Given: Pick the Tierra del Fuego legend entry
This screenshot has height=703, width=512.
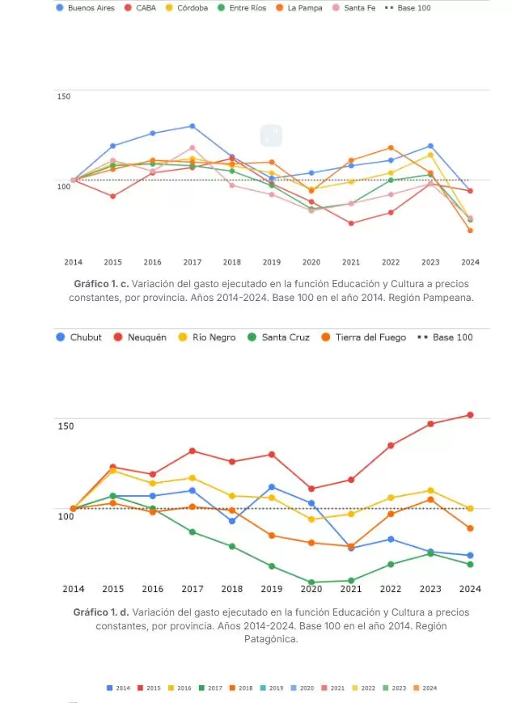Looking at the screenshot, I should click(x=362, y=337).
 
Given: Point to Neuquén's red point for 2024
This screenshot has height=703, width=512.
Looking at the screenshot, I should click(x=470, y=415).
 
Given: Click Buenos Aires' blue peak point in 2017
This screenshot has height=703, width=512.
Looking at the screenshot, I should click(x=192, y=126).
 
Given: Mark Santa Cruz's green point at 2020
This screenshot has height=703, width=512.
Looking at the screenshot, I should click(x=311, y=582).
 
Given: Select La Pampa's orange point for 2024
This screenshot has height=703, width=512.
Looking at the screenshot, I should click(x=470, y=231).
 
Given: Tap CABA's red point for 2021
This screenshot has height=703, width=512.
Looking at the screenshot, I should click(x=351, y=223).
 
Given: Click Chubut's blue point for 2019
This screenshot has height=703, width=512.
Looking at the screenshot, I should click(x=272, y=487).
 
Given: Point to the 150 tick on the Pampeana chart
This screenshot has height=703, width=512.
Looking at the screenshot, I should click(x=64, y=96).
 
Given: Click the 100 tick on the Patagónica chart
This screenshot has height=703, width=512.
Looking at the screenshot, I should click(x=66, y=516).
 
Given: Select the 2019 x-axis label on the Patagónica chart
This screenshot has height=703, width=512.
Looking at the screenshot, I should click(x=272, y=589).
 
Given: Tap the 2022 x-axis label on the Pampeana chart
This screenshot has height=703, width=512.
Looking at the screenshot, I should click(x=391, y=262).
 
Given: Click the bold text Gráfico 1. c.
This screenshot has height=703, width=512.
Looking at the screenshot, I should click(x=100, y=284).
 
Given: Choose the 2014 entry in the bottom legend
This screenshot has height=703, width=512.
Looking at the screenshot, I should click(x=118, y=688).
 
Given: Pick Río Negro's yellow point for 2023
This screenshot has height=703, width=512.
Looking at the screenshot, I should click(x=430, y=490).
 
